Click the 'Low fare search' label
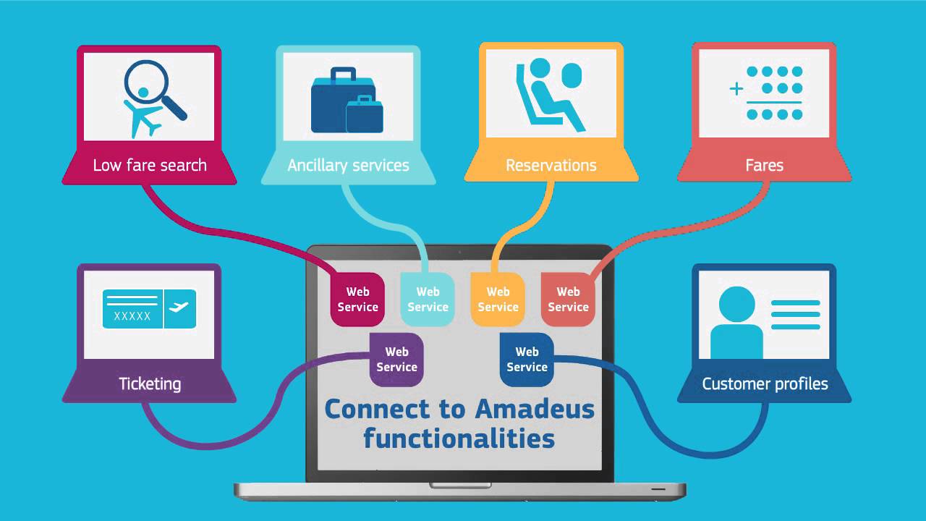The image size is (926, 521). [x=150, y=165]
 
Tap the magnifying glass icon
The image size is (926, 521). [x=153, y=88]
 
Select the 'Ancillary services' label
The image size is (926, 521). [x=348, y=165]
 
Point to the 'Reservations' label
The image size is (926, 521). [x=551, y=165]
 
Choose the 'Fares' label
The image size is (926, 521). [x=764, y=165]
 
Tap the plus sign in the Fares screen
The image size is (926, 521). [x=736, y=89]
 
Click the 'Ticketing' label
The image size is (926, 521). [x=150, y=384]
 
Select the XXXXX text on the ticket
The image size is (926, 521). [x=132, y=315]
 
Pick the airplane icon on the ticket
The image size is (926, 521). [x=178, y=308]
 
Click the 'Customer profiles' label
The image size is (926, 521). [x=765, y=384]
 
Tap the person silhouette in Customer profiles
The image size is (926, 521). [x=736, y=322]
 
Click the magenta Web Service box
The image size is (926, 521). [x=357, y=300]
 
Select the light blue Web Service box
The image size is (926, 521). [x=428, y=300]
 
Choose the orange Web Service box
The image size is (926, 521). [x=498, y=300]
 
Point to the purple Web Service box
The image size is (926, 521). [x=396, y=360]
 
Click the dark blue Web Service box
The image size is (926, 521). [x=527, y=360]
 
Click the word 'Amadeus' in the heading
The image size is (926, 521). [x=535, y=409]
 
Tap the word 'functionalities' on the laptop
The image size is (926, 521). [x=459, y=438]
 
